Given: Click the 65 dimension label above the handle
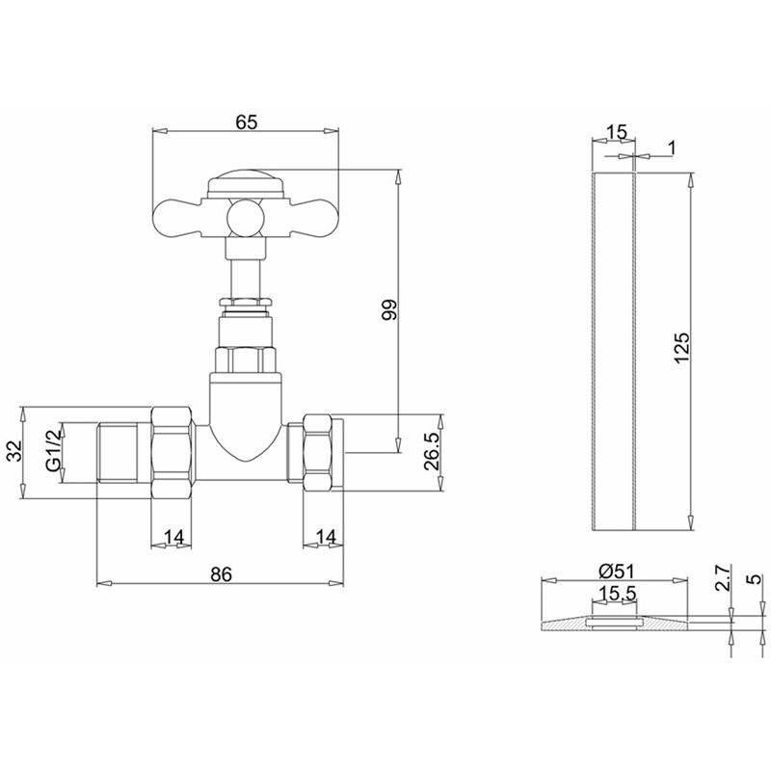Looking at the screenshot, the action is tap(247, 122).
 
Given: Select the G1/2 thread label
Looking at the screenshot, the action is tap(55, 450).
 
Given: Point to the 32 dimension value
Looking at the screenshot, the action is tap(15, 450).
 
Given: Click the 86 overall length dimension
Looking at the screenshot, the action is tap(221, 573).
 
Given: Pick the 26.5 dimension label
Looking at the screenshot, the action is tap(433, 452).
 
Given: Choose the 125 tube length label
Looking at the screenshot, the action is tap(681, 348).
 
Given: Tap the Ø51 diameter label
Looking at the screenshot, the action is tap(617, 572).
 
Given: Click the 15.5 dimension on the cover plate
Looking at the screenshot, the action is tap(618, 594).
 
